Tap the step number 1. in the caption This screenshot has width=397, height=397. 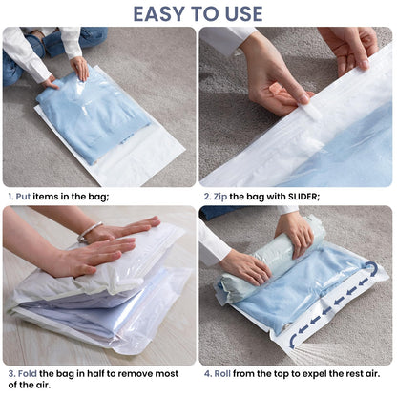click(x=12, y=196)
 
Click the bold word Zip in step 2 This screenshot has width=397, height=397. click(x=224, y=196)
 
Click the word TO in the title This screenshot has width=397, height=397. click(x=203, y=13)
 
